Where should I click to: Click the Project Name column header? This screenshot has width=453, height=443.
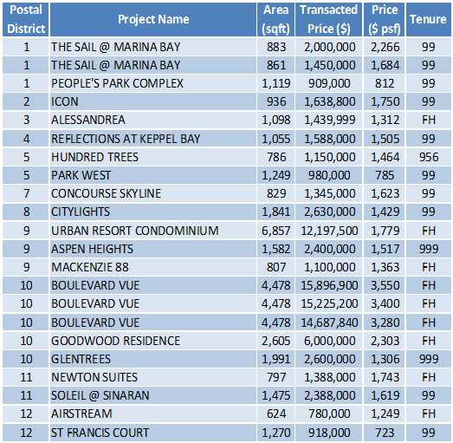(153, 19)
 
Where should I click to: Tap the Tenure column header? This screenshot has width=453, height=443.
(428, 19)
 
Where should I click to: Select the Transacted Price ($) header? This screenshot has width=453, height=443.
(329, 19)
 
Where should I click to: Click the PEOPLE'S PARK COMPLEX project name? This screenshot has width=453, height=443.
(117, 83)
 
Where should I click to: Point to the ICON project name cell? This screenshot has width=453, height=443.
(65, 101)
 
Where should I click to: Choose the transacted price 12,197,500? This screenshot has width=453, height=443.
(329, 231)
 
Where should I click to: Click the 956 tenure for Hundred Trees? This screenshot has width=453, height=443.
(429, 157)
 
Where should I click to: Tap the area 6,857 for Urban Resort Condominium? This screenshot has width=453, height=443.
(276, 231)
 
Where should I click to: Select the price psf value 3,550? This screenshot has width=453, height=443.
(385, 285)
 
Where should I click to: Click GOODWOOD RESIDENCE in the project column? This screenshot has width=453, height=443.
(115, 341)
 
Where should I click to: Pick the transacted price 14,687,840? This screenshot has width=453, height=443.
(329, 322)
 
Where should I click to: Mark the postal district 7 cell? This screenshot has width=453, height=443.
(26, 193)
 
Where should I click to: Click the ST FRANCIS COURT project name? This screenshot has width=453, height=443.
(100, 433)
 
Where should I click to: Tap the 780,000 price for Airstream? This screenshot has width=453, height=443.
(329, 414)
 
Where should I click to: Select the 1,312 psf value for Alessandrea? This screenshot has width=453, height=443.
(385, 120)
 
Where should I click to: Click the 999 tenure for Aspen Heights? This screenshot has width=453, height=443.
(429, 249)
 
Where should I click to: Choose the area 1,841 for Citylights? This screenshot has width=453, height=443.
(276, 212)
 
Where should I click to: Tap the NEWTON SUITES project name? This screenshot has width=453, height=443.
(94, 377)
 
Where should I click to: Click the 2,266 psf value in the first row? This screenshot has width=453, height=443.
(385, 47)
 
